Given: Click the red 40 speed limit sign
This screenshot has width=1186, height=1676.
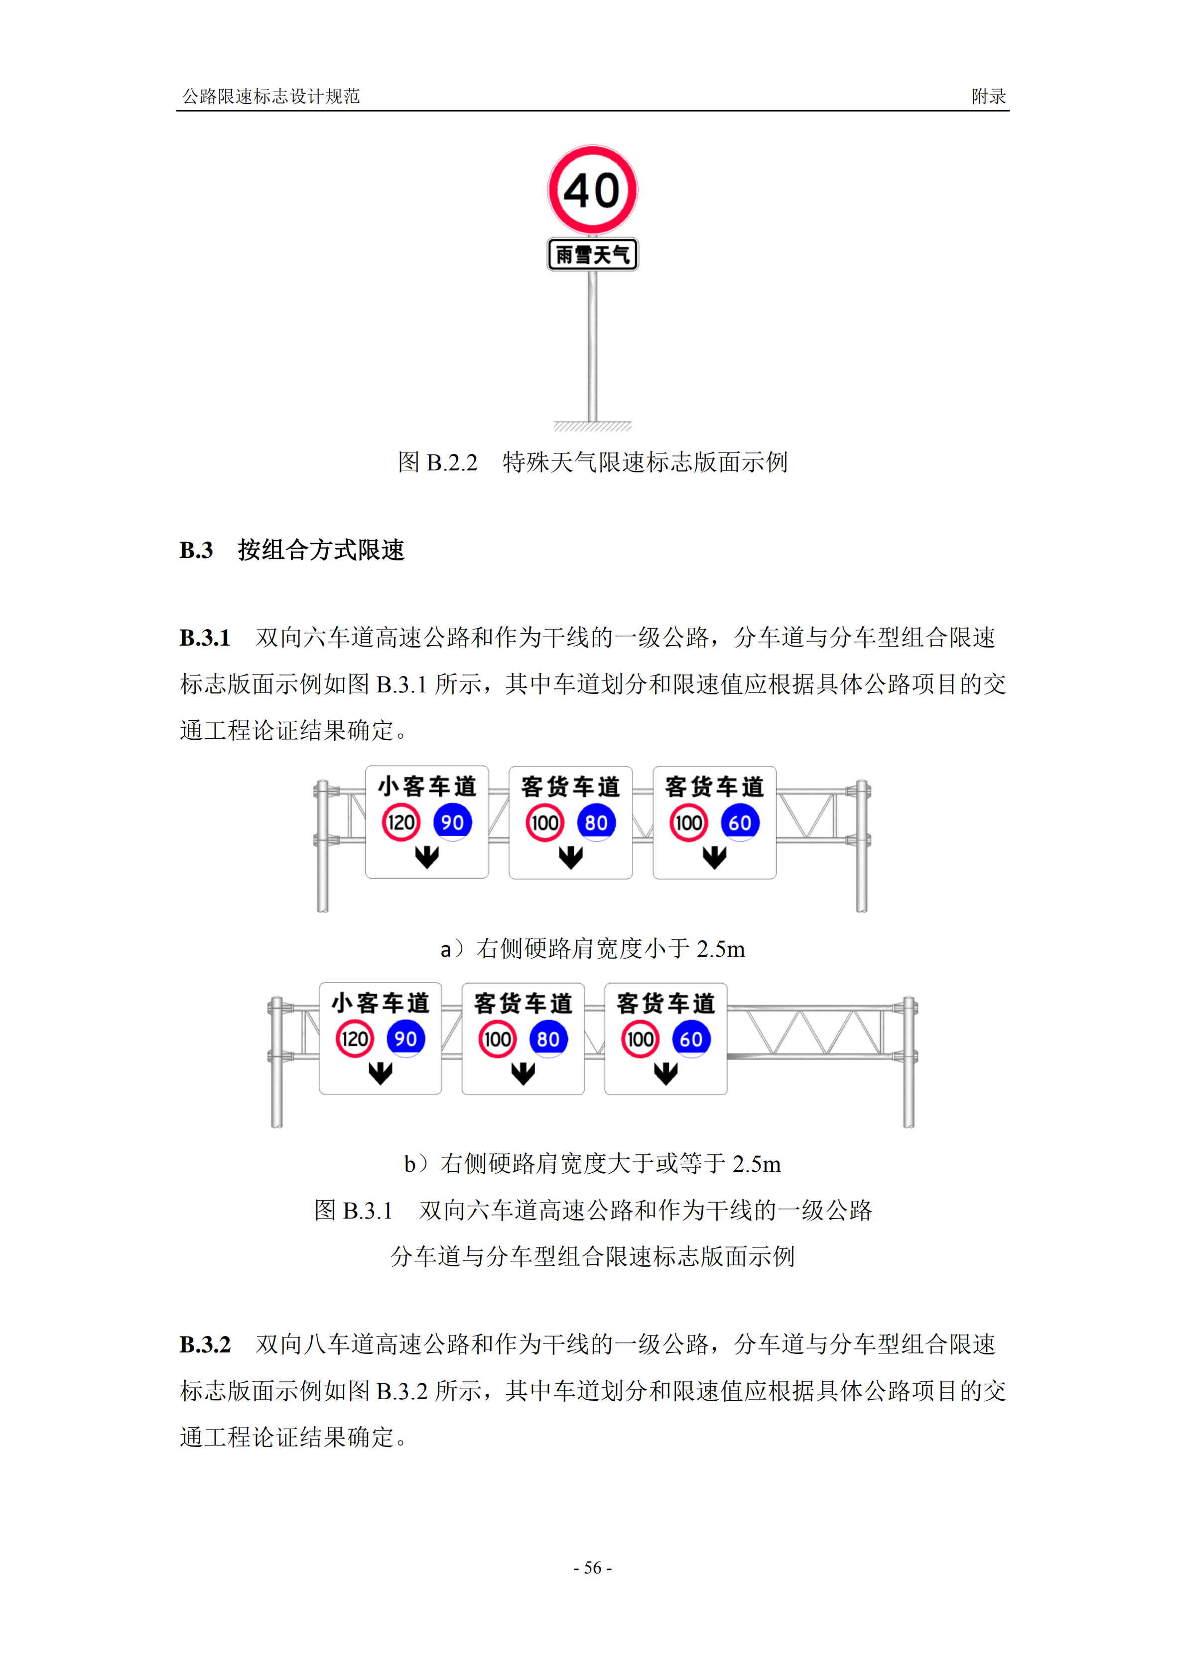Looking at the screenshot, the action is tap(592, 190).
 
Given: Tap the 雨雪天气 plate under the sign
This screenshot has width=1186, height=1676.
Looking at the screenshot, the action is tap(592, 255).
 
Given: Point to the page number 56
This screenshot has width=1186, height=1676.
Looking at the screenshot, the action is tap(592, 1567).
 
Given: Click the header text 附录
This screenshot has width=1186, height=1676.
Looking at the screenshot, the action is tap(988, 96).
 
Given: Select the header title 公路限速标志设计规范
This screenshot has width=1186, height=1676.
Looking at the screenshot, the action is tap(271, 96).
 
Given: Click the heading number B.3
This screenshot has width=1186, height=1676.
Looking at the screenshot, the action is tap(196, 550).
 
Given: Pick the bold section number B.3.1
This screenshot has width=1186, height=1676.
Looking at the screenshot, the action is tap(205, 637).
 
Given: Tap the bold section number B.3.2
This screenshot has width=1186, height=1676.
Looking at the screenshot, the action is tap(205, 1344).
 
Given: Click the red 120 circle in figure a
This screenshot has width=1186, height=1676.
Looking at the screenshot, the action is tap(401, 823).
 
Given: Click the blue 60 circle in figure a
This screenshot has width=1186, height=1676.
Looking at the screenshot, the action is tap(741, 823).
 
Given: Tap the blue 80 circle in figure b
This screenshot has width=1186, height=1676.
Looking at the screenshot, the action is tap(548, 1039).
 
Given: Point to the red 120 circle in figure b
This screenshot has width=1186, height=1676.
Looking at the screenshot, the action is tap(354, 1039).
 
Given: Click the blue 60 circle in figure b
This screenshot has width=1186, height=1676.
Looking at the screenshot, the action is tap(691, 1039).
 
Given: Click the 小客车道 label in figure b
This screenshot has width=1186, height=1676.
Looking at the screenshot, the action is tap(381, 1003).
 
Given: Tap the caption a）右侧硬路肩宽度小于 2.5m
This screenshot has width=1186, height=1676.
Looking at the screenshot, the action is tap(592, 948).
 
